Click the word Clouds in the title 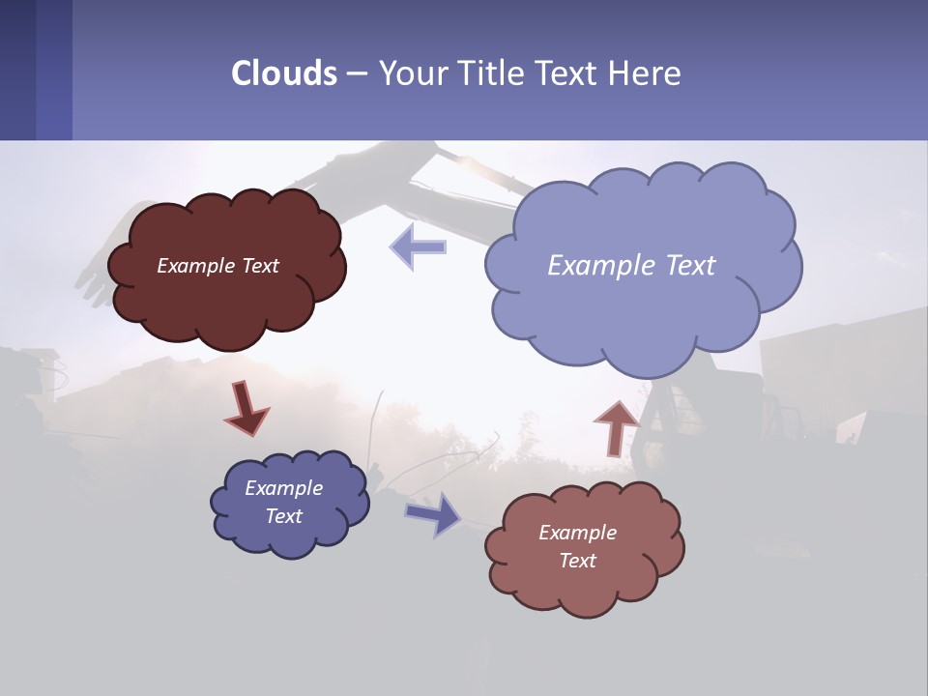coord(284,73)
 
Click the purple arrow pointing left coord(418,246)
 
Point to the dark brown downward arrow coord(246,407)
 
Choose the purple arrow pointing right coord(433,513)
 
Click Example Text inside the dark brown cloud coord(217,266)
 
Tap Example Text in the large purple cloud coord(631,266)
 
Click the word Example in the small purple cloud coord(283,488)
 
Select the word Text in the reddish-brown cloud coord(577,561)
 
